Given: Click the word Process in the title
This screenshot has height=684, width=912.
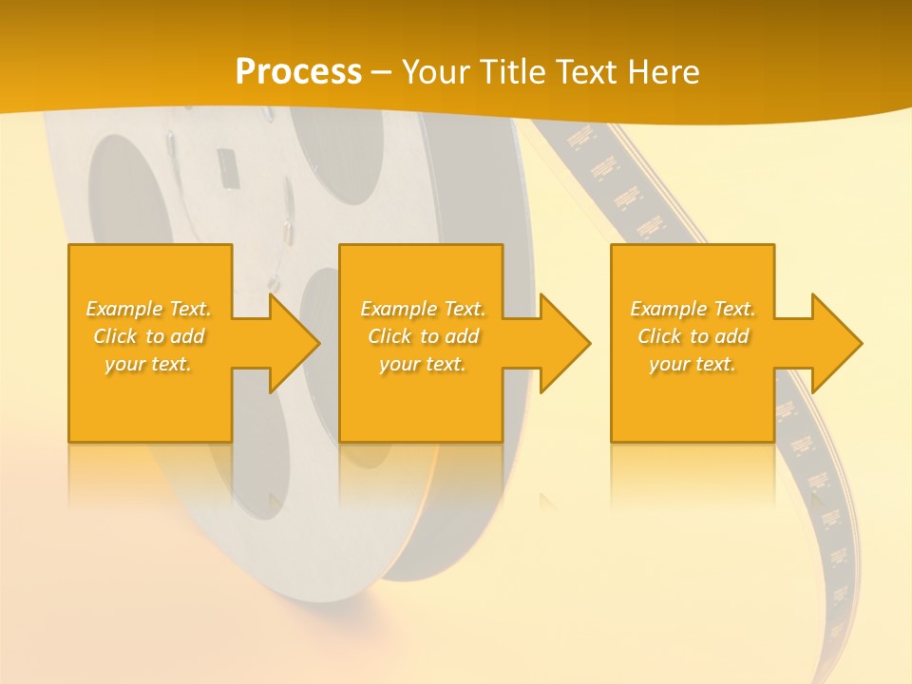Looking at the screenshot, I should click(298, 72).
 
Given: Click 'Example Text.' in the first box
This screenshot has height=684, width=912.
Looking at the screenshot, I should click(149, 309).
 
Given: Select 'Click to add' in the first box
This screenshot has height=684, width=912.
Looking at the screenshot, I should click(149, 336).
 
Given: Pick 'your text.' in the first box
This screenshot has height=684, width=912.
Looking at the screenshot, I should click(149, 364).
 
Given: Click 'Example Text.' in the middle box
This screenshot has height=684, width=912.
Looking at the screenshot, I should click(423, 309).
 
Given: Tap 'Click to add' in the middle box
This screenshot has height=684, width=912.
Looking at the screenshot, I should click(423, 336).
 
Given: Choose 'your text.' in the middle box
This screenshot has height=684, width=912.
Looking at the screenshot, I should click(423, 364).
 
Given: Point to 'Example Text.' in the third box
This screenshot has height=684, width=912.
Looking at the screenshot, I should click(693, 309).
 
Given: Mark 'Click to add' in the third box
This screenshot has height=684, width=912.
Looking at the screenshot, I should click(693, 336).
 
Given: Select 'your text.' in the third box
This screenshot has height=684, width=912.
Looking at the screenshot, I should click(693, 364).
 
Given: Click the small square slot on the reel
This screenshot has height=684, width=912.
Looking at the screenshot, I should click(227, 168).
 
